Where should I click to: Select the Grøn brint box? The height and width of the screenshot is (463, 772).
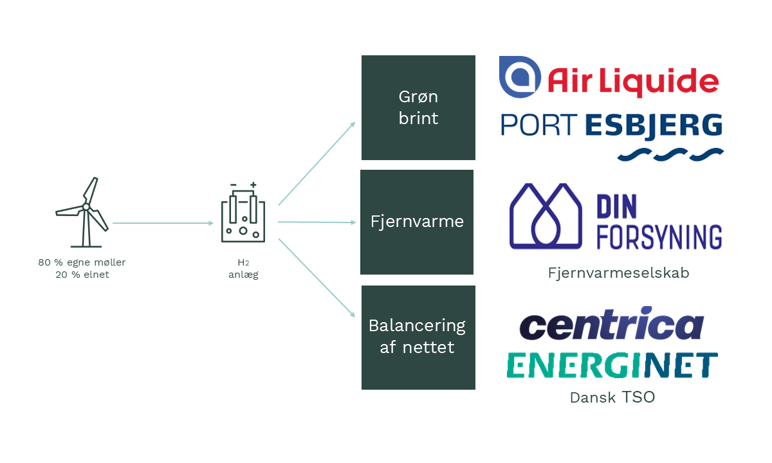[x=418, y=107]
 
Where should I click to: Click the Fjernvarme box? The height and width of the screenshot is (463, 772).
[x=417, y=222]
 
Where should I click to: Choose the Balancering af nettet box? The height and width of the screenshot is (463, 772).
[x=418, y=338]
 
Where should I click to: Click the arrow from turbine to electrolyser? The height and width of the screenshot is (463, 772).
[x=163, y=223]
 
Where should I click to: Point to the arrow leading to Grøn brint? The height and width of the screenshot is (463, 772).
[x=317, y=163]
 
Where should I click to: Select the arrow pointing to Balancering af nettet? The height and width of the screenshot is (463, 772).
[x=317, y=278]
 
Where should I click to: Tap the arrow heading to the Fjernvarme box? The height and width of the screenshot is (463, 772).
[x=317, y=222]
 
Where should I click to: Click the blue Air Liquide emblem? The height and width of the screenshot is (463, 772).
[x=520, y=77]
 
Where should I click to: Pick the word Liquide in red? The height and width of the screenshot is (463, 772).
[x=659, y=81]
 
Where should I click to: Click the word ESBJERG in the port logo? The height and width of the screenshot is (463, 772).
[x=654, y=126]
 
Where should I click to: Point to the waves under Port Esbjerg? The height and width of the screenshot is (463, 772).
[x=670, y=154]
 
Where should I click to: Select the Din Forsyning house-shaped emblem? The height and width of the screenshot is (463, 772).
[x=546, y=216]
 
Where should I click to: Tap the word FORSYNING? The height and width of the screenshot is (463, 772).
[x=659, y=237]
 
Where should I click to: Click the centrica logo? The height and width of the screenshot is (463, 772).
[x=612, y=323]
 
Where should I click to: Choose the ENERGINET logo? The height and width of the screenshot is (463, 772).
[x=612, y=365]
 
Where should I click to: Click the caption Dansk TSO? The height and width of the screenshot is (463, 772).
[x=612, y=397]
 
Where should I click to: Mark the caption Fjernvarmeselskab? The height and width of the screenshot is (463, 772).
[x=619, y=273]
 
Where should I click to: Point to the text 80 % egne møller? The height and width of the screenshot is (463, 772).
[x=82, y=262]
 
